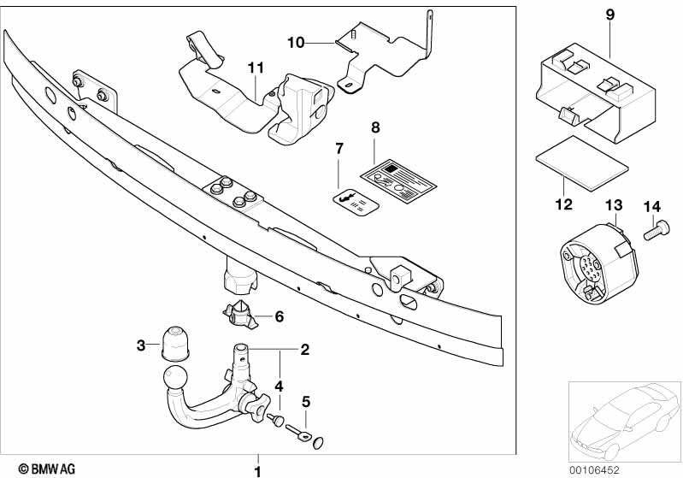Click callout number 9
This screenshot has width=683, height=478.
[609, 15]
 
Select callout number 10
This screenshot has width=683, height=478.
[295, 40]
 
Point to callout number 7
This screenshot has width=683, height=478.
[339, 149]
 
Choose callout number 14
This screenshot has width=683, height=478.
[652, 207]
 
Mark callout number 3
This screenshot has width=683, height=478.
[142, 345]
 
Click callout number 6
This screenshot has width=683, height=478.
[279, 316]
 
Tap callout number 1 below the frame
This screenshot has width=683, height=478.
[257, 469]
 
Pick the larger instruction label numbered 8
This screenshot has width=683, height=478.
[392, 177]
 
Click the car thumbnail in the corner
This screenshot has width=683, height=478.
[624, 418]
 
